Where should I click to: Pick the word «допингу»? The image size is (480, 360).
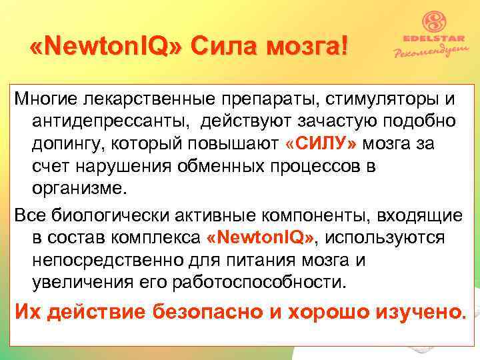pos(73,144)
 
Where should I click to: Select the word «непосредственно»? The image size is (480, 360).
pos(109,259)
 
